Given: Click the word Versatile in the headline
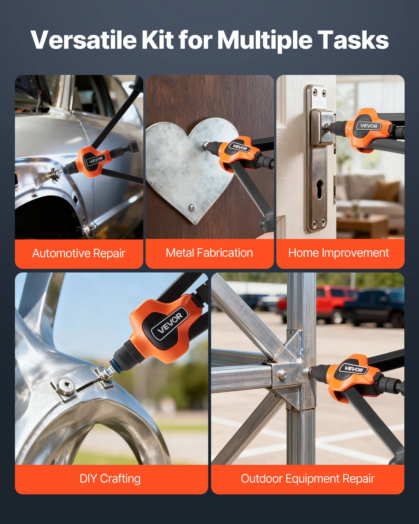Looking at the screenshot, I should coord(83,40).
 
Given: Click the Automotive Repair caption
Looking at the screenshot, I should coord(79,253).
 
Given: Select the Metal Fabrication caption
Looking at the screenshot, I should coord(209,253).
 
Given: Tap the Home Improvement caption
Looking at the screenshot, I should coord(338,253).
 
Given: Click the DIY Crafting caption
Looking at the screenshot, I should coord(110,478).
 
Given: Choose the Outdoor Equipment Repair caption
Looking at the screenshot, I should coord(307,478).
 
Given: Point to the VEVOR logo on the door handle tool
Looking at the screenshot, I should coord(369,126).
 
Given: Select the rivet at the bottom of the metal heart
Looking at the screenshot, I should coord(192,208).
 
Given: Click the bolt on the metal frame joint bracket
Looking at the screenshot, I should coord(282,374).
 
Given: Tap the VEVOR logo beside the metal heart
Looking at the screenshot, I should coord(240,147).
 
